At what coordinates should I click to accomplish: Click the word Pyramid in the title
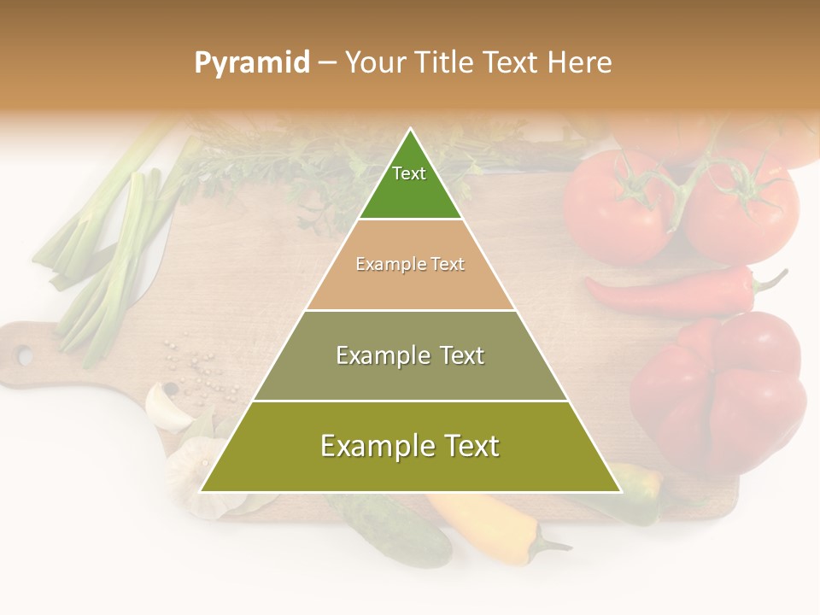(x=252, y=63)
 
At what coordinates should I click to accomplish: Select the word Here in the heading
(x=580, y=62)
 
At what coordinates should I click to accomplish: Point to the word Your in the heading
(x=376, y=62)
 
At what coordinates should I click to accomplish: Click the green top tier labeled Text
(x=410, y=184)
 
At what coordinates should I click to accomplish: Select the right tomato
(x=743, y=209)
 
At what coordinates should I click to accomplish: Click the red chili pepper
(x=675, y=295)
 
